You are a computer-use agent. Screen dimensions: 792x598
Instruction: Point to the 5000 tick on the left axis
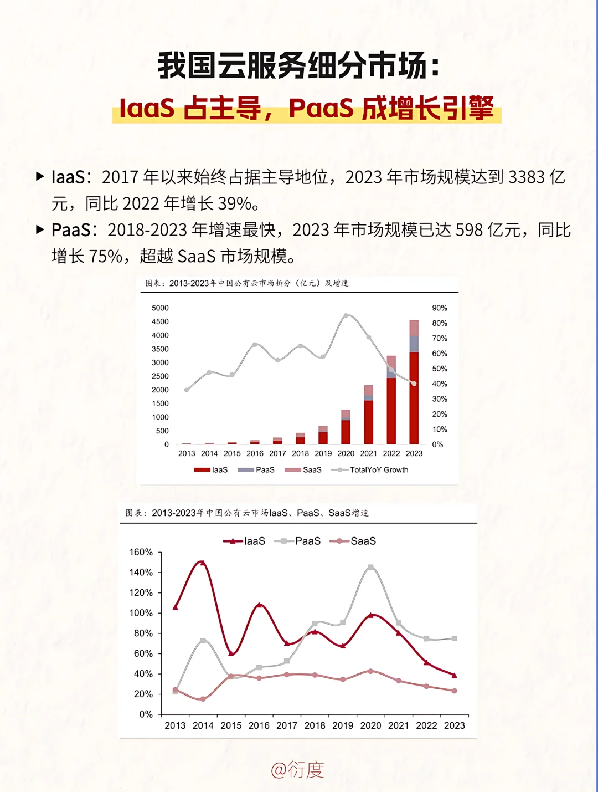(x=160, y=308)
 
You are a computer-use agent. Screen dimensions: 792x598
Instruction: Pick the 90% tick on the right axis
(x=440, y=308)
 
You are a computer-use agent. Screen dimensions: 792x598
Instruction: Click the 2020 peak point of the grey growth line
(x=346, y=316)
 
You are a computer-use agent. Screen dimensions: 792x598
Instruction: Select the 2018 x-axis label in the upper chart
(x=300, y=453)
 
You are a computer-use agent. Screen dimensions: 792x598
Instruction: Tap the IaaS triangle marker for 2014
(x=203, y=563)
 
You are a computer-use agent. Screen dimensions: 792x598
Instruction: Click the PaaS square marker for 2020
(x=370, y=567)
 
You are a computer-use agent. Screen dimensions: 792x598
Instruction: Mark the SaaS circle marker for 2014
(x=203, y=699)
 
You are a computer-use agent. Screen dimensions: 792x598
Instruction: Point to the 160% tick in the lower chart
(x=141, y=553)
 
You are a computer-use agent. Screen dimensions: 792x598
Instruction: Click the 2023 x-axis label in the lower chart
(x=454, y=725)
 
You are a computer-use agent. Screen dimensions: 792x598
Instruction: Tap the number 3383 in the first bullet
(x=527, y=177)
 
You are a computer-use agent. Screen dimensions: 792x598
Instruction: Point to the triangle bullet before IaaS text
(x=40, y=177)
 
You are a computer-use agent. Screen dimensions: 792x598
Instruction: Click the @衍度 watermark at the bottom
(x=297, y=770)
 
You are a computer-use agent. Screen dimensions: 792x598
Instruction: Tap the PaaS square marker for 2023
(x=454, y=638)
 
